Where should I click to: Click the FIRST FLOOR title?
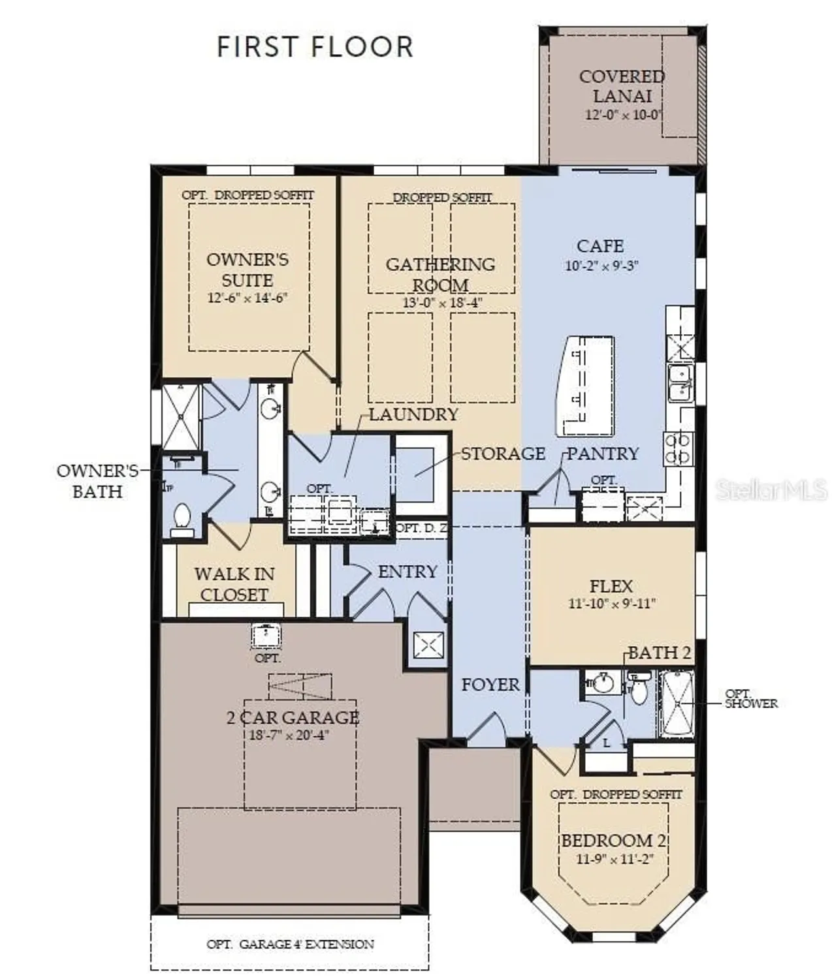[x=315, y=47]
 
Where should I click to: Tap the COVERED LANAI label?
[x=621, y=86]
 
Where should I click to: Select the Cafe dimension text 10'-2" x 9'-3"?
[x=601, y=266]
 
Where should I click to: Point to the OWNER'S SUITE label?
[x=247, y=270]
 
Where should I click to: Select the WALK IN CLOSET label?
[x=234, y=584]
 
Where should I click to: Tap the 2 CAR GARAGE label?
[x=292, y=718]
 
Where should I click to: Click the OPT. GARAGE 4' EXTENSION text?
[x=290, y=944]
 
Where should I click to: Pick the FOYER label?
[x=490, y=685]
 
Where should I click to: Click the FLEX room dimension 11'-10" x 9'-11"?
[x=611, y=604]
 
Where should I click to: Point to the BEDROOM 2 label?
[x=614, y=841]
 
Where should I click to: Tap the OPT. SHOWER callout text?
[x=751, y=698]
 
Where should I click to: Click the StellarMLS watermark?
[x=771, y=489]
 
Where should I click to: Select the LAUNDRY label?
[x=413, y=414]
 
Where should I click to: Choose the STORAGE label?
[x=503, y=454]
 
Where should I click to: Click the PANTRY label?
[x=602, y=454]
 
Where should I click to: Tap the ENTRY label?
[x=408, y=572]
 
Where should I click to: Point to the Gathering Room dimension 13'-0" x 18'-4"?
[x=442, y=303]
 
